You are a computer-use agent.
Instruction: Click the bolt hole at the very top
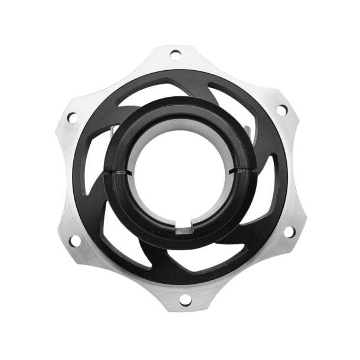175,55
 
